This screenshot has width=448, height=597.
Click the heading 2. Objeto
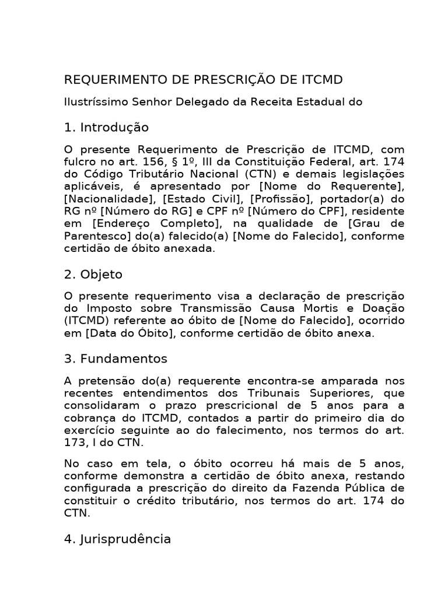(93, 274)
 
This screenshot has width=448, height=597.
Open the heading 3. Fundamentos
(116, 358)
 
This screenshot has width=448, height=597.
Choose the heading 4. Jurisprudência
(117, 539)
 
